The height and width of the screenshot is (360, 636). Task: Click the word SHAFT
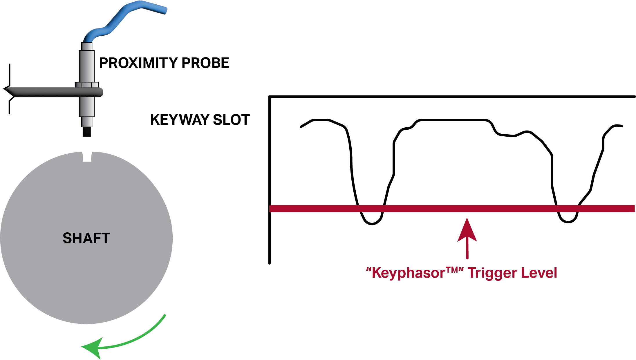(86, 238)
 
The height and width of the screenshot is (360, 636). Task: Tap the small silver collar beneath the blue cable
(87, 46)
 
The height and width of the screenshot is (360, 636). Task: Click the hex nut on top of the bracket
(87, 85)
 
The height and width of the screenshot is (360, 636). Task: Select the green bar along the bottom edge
(377, 352)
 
